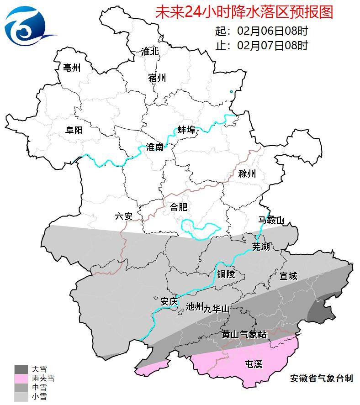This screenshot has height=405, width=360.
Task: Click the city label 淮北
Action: pos(150,52)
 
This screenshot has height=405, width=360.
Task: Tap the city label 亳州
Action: pos(71,68)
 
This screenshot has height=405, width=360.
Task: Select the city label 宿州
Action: pos(157,78)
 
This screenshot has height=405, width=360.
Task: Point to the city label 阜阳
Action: pos(74,130)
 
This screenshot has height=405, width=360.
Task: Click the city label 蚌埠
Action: pos(186,130)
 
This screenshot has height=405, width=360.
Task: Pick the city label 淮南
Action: pos(155,147)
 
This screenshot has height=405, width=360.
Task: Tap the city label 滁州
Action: pos(247,174)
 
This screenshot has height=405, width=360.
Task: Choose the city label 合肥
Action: pos(179,207)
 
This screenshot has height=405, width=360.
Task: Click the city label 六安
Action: pos(123,216)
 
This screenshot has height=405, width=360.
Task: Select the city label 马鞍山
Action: pos(271,221)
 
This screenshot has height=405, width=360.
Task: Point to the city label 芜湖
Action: pos(261,247)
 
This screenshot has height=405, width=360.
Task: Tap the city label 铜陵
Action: pos(226,274)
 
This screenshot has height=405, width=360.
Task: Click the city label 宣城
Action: pos(288,276)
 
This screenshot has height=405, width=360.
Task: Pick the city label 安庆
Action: pos(169,302)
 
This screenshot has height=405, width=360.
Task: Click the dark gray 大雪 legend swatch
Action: pos(21,369)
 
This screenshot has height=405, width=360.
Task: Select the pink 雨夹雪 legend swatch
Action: pos(21,379)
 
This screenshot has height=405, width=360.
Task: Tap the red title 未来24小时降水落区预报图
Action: pos(244,12)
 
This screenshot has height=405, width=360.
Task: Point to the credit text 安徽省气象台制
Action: pos(321,378)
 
